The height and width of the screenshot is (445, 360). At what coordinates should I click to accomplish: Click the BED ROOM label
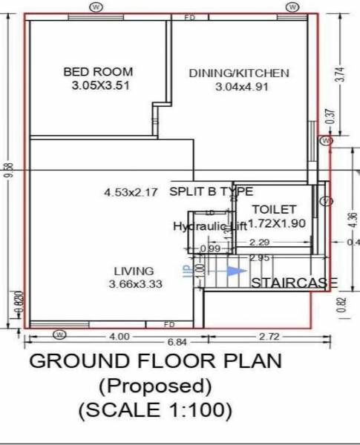point(98,72)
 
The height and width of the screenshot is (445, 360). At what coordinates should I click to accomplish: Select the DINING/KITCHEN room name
point(238,73)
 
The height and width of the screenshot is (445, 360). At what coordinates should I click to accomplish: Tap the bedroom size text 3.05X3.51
point(98,86)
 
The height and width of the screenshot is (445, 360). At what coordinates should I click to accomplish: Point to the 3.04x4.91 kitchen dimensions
point(240,87)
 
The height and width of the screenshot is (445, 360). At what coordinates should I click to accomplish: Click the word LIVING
point(134,271)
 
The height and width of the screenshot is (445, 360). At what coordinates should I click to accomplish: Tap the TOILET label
point(274,210)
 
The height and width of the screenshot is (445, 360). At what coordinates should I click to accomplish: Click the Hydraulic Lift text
point(209,226)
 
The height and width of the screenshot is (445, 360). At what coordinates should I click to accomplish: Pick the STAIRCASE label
point(294,283)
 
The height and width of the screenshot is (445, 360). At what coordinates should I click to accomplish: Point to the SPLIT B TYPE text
point(212,191)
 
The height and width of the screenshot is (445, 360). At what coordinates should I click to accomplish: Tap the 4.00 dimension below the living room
point(120,336)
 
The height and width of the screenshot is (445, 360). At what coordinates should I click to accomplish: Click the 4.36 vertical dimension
point(340,221)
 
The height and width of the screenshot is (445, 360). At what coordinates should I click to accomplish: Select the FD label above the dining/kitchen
point(189,16)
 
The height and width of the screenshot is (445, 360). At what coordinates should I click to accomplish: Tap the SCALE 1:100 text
point(155,409)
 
